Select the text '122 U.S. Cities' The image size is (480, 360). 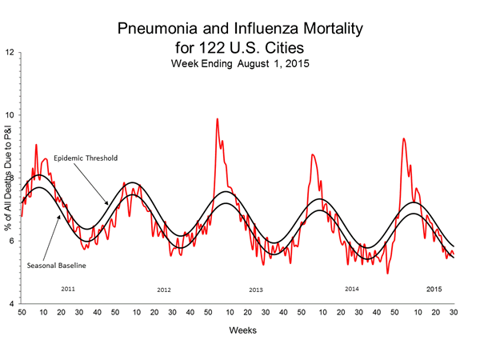(x=239, y=47)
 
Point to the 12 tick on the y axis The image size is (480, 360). (x=10, y=53)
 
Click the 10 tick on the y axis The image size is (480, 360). (x=10, y=116)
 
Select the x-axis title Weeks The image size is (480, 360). (x=238, y=329)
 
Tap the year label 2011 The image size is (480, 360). (x=69, y=286)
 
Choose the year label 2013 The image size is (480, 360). (x=256, y=290)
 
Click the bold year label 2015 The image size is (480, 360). (x=434, y=288)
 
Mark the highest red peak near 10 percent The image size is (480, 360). (x=217, y=119)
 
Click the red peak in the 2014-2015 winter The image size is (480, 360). (x=403, y=138)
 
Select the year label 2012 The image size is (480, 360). (x=164, y=290)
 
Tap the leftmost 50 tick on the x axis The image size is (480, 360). (x=22, y=312)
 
